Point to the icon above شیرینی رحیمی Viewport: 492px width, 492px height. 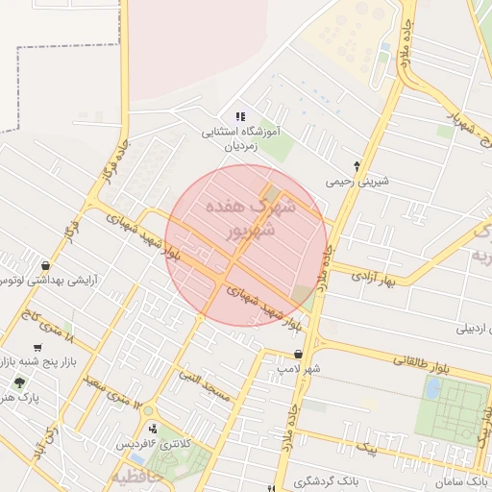[x=357, y=165]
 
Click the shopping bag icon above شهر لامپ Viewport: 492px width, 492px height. [x=300, y=354]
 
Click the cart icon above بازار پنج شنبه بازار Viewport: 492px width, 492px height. [x=37, y=347]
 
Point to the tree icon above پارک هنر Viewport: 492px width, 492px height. [x=19, y=382]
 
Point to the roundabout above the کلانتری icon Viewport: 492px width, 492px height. [x=148, y=411]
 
